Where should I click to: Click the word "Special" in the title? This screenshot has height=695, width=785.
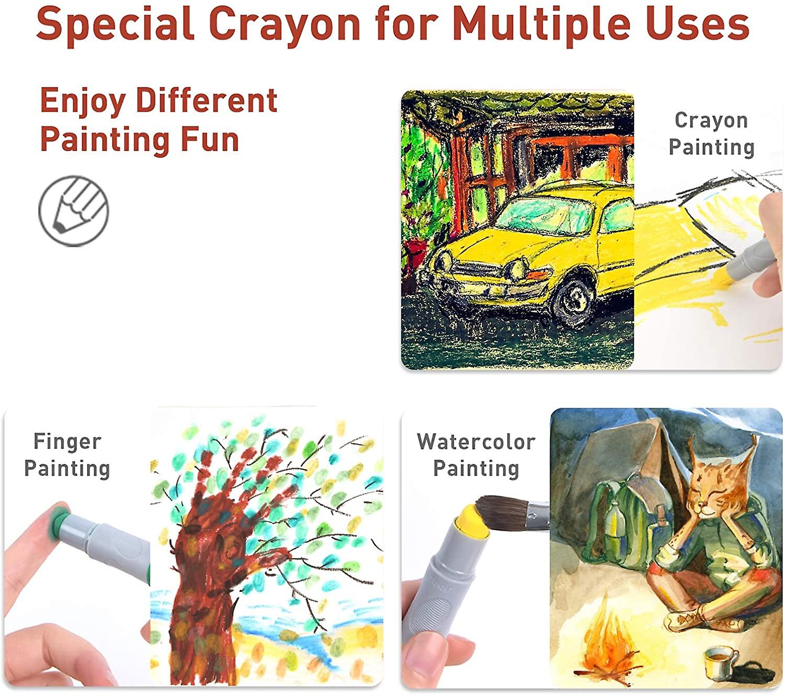(115, 24)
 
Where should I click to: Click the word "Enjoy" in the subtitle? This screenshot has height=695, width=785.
(83, 102)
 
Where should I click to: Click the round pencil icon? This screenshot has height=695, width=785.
(74, 210)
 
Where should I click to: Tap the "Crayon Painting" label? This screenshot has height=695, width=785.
(711, 133)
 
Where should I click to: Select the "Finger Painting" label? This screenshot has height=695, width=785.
(67, 455)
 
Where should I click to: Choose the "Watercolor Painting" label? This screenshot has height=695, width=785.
(476, 455)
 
